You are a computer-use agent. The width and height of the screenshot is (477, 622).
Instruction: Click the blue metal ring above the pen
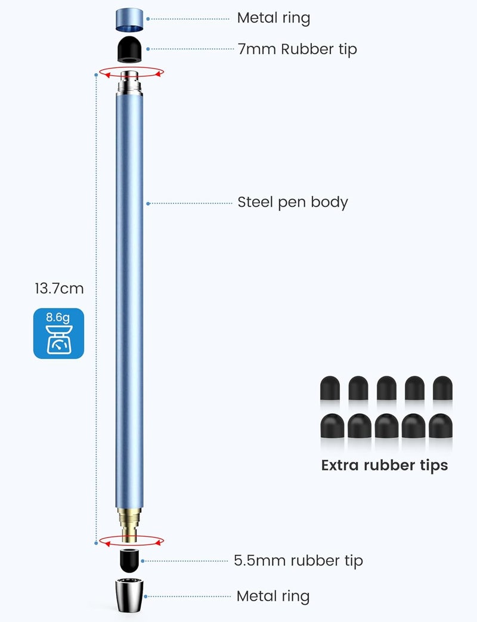coord(129,20)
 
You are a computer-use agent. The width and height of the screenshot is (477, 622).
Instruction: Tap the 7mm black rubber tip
coord(129,49)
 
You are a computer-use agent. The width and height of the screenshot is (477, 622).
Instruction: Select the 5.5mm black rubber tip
coord(129,560)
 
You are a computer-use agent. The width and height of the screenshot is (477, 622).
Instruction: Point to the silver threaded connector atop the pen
coord(129,83)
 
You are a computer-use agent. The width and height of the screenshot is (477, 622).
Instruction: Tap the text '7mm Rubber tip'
coord(298,49)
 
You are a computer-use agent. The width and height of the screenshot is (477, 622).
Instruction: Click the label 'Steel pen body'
coord(293,202)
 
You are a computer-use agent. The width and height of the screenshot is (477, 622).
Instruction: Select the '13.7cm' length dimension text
coord(59,289)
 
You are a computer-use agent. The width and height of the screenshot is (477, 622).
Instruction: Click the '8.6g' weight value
coord(58,317)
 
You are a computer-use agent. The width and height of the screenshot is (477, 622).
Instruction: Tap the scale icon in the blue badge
coord(58,339)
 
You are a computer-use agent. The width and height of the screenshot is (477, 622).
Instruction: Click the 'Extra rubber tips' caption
coord(384,465)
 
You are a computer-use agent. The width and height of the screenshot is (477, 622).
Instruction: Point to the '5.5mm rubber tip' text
coord(298,561)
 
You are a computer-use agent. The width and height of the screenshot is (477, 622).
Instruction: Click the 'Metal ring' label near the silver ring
coord(273,596)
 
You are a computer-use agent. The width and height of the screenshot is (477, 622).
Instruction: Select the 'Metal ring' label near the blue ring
coord(274,18)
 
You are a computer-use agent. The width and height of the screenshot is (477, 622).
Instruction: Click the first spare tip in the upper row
coord(330,388)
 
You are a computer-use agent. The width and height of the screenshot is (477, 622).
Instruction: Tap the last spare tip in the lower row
coord(441,426)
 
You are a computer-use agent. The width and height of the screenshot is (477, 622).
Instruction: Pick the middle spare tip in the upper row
coord(386,388)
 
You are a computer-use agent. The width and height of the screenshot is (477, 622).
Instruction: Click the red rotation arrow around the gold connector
coord(131,541)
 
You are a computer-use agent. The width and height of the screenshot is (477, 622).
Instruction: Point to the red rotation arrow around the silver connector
coord(131,73)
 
